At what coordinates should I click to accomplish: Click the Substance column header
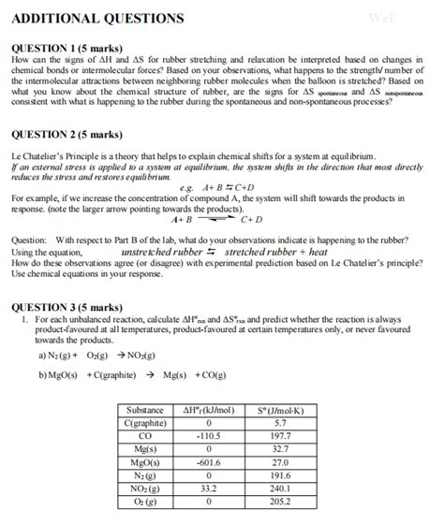coord(145,410)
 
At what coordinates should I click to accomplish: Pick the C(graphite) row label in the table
coord(145,423)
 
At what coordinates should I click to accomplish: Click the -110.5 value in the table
coord(208,436)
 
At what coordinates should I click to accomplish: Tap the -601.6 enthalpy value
coord(208,461)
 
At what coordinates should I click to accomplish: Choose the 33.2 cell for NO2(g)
coord(208,488)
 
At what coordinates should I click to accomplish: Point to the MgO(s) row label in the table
coord(145,461)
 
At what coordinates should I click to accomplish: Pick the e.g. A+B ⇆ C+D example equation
coord(226,188)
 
